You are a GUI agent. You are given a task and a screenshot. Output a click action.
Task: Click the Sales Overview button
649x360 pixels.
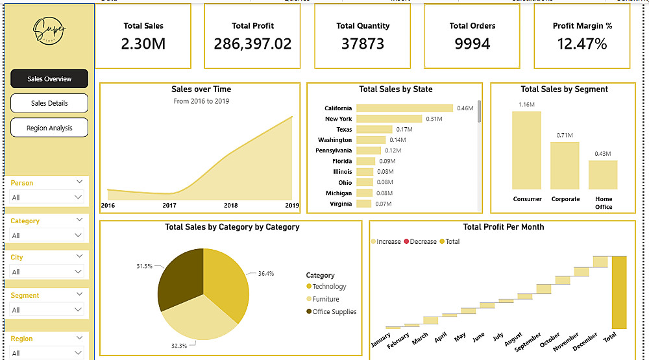pos(49,78)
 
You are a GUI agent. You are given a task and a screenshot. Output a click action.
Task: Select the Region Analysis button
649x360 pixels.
pos(49,128)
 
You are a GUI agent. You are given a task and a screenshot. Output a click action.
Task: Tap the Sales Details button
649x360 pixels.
pos(49,103)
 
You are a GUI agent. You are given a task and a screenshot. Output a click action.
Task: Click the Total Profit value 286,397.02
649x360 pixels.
pos(252,44)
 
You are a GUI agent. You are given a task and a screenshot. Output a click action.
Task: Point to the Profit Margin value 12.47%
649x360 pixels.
pos(582,44)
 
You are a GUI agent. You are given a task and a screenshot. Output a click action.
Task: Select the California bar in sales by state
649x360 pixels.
pos(404,108)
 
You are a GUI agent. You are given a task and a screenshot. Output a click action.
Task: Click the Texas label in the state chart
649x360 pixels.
pos(344,130)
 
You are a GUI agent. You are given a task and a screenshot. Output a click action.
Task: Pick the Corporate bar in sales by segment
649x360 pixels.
pos(565,165)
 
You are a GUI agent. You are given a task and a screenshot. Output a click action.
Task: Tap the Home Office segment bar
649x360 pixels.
pos(603,174)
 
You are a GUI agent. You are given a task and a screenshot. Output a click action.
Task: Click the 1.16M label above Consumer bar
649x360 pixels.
pos(526,104)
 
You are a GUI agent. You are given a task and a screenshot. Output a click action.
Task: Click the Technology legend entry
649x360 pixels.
pos(329,286)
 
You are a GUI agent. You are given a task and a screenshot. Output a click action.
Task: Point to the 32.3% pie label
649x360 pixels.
pos(179,346)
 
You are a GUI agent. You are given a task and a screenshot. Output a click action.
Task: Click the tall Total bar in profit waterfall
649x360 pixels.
pos(619,292)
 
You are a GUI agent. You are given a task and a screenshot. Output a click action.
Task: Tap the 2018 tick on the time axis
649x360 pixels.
pos(231,206)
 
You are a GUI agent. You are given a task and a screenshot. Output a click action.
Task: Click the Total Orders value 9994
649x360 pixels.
pos(472,44)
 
